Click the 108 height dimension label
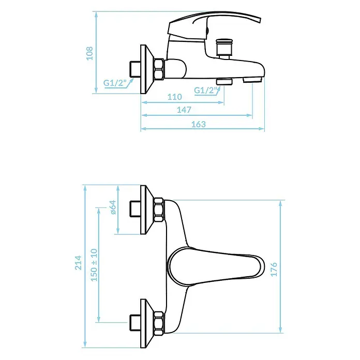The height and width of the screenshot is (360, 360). (x=89, y=53)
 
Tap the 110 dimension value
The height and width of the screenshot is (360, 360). (x=174, y=97)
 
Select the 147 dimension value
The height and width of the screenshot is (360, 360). (x=184, y=110)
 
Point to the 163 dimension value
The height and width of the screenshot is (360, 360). (x=199, y=124)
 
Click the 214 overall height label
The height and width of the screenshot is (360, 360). (x=78, y=262)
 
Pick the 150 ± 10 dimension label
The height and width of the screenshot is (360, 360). (x=94, y=265)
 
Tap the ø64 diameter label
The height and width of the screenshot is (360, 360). (x=113, y=207)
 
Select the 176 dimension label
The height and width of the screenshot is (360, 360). (x=274, y=269)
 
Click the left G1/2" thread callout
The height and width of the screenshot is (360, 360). (x=115, y=83)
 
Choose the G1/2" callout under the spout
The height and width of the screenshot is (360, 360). (x=206, y=90)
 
